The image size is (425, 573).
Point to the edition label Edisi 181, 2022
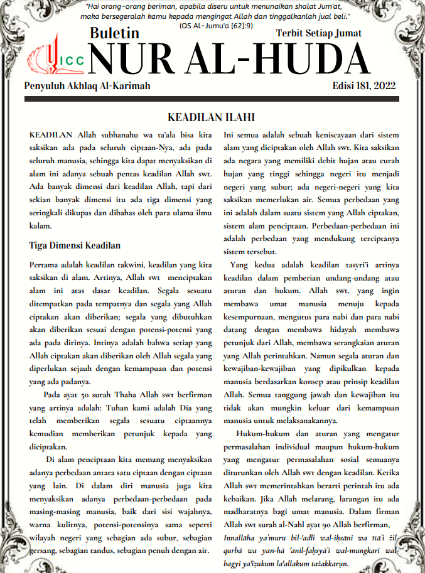[x=364, y=86]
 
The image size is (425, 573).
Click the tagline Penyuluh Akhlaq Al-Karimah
[x=87, y=86]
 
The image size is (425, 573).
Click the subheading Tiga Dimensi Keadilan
[x=75, y=245]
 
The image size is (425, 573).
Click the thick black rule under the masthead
[x=212, y=99]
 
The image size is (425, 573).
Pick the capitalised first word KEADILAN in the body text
[x=51, y=135]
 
